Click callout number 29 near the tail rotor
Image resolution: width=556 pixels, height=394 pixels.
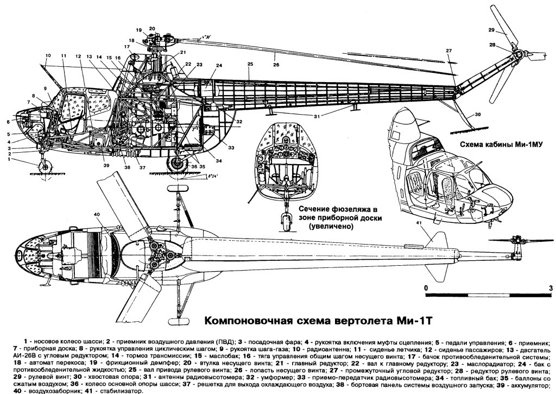(491, 30)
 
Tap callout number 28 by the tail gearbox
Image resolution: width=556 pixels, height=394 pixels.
(492, 45)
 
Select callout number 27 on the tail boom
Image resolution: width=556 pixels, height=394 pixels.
(449, 51)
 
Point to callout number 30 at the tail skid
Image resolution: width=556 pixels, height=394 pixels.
(478, 115)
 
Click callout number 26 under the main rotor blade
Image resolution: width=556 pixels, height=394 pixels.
(276, 65)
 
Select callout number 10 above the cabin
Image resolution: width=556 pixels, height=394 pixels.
(48, 55)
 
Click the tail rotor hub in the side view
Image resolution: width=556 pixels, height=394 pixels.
(517, 54)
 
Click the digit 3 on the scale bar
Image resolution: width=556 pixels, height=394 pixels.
(550, 287)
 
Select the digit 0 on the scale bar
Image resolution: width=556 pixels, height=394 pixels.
(426, 287)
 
